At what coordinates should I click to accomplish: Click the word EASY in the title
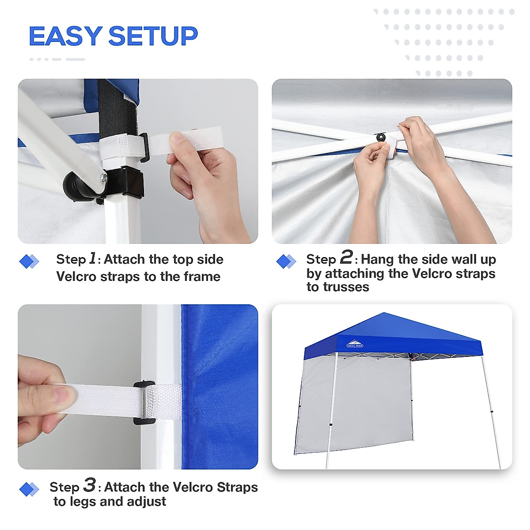65,36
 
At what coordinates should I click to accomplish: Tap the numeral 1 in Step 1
92,258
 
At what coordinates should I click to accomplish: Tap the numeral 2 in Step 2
346,257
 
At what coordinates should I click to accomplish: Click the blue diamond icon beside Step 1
29,261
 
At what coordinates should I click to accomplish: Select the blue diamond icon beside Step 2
285,261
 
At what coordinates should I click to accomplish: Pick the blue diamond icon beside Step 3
29,489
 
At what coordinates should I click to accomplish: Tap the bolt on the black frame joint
104,178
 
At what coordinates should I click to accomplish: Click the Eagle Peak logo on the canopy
354,343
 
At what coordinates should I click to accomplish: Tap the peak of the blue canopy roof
384,314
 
